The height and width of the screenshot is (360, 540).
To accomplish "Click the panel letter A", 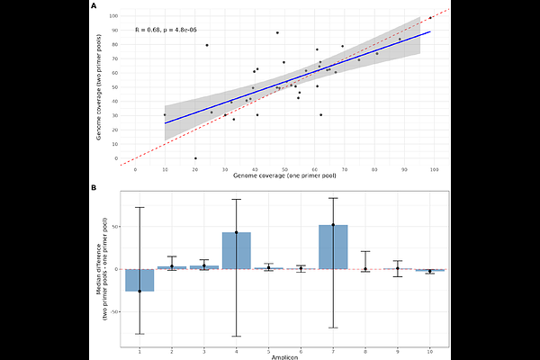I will [94, 5].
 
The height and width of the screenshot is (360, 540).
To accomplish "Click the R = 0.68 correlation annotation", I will [166, 30].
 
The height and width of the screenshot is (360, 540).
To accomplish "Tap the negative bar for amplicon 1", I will [139, 280].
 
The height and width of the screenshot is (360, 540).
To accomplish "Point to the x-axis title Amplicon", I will [285, 356].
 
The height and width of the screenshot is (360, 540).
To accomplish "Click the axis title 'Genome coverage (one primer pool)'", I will [285, 176].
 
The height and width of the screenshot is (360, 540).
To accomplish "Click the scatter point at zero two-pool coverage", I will [195, 158].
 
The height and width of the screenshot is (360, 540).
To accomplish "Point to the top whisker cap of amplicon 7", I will [333, 198].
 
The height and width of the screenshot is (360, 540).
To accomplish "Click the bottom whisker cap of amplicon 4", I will [237, 336].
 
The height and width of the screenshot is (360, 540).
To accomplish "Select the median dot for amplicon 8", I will [365, 269].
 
